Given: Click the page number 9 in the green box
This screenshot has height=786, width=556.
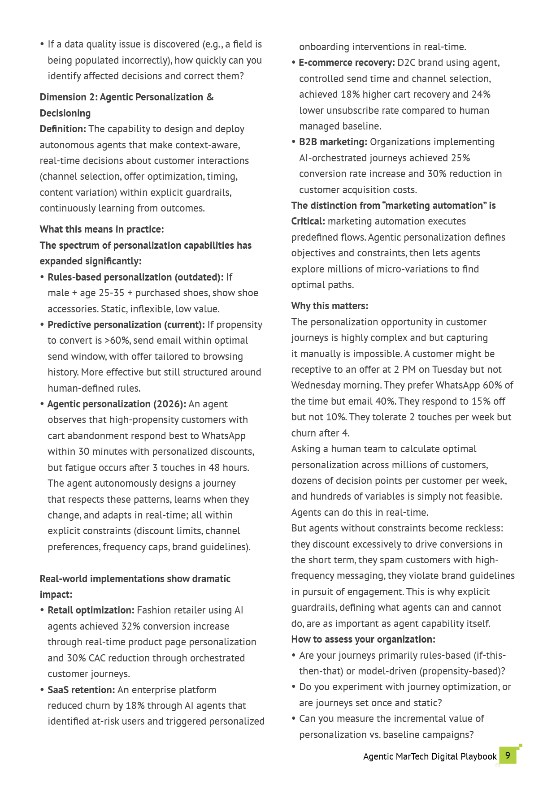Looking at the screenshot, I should (508, 755).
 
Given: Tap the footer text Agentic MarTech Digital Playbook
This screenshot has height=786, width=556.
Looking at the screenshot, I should (430, 756).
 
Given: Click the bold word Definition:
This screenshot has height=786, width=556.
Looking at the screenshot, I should (63, 129).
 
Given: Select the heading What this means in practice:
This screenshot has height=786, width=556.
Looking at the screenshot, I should (102, 229).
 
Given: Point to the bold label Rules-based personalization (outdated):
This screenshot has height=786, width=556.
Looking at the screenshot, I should (135, 277).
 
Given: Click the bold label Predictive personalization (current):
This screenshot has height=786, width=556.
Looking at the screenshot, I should (126, 325).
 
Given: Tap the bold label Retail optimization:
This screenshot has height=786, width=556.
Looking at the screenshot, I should (91, 610).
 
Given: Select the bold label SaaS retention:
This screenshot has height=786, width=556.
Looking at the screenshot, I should (81, 690).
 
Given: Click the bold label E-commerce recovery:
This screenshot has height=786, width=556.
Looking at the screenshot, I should (347, 63).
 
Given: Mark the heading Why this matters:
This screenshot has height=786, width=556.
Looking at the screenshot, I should (330, 306).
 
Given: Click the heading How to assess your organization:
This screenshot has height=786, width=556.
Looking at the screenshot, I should (363, 639).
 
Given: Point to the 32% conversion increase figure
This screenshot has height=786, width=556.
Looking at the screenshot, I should (130, 626).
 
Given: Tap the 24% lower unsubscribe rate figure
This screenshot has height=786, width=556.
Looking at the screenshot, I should (481, 95).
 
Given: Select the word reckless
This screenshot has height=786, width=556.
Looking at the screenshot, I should (482, 528).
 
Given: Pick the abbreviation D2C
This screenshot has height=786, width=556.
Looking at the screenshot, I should (406, 63).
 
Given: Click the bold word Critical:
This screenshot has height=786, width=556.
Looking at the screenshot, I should (308, 221).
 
